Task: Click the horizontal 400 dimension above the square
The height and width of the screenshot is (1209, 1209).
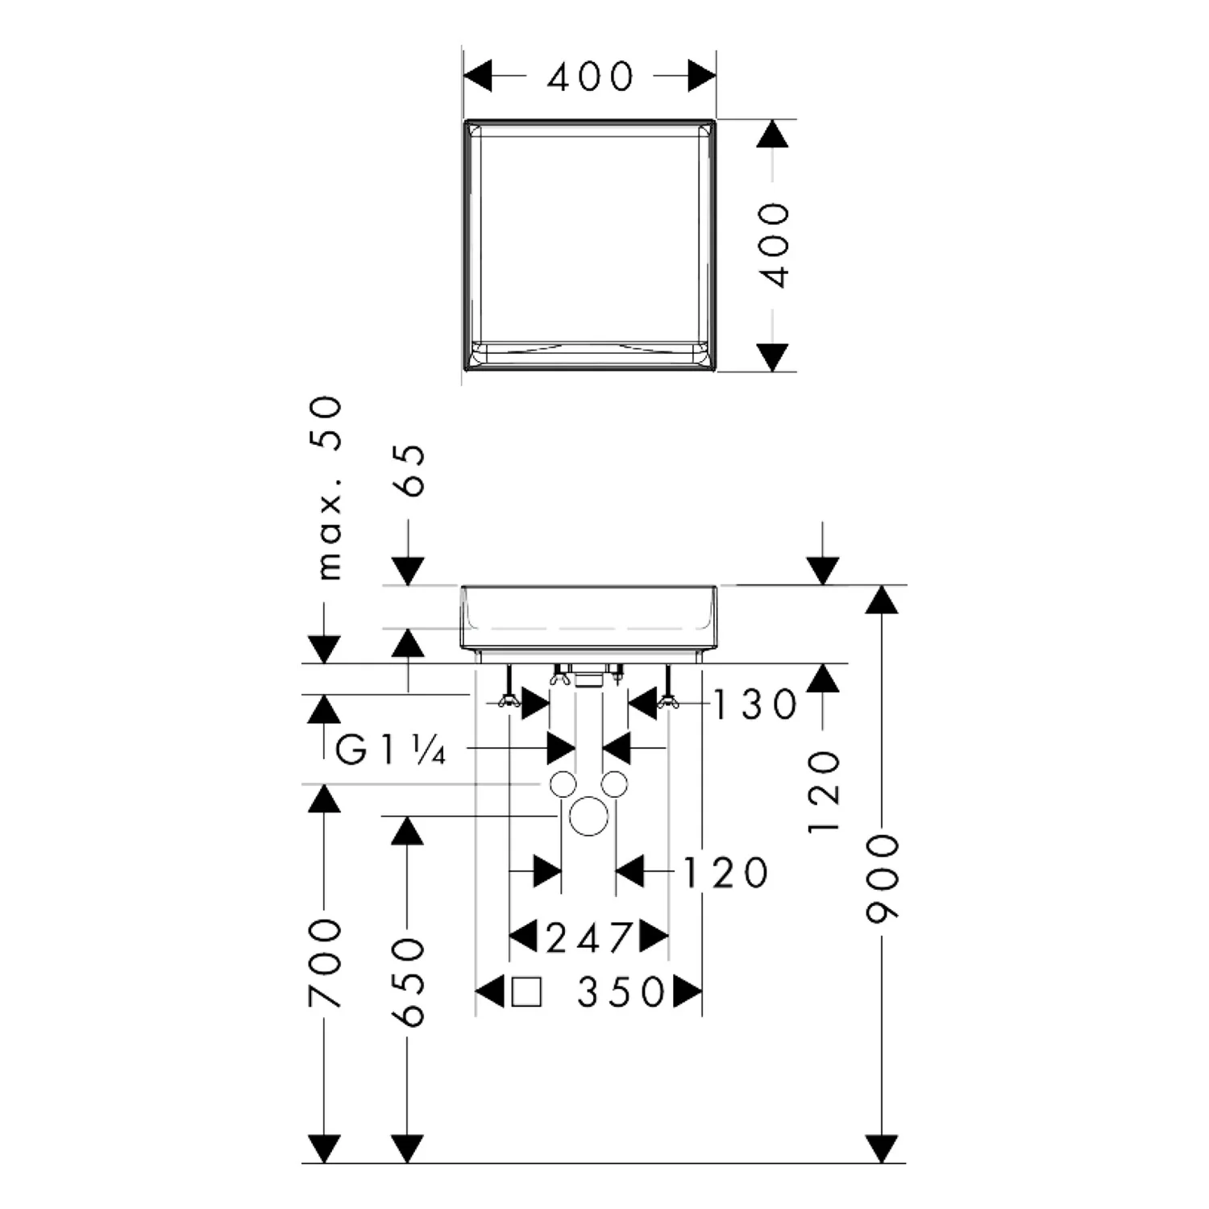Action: (591, 77)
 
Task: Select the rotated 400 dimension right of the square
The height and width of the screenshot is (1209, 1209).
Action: (775, 245)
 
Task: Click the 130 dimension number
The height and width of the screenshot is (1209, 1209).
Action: (755, 704)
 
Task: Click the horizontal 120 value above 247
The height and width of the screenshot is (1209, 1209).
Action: (725, 872)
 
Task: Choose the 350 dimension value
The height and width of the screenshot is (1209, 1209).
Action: (621, 992)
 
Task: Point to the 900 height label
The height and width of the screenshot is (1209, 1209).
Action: (882, 879)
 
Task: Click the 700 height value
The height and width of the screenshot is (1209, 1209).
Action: (325, 963)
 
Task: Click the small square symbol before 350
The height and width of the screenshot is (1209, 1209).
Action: (526, 992)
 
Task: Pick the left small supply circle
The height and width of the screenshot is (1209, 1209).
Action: (563, 783)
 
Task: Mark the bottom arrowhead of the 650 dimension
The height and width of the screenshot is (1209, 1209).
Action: (407, 1149)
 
